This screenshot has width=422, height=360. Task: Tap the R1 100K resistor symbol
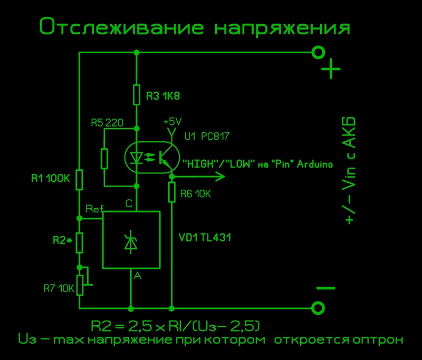[79, 179]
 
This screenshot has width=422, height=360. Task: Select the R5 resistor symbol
[104, 158]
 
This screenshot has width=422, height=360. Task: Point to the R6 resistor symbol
[171, 192]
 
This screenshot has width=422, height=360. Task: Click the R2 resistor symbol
[79, 242]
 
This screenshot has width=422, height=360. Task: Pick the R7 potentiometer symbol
[80, 285]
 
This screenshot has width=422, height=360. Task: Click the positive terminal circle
[318, 52]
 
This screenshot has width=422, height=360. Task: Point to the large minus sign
[325, 288]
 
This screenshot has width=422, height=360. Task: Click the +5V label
[172, 121]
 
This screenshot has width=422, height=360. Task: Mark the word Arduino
[314, 164]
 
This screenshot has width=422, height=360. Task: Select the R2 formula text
[176, 324]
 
